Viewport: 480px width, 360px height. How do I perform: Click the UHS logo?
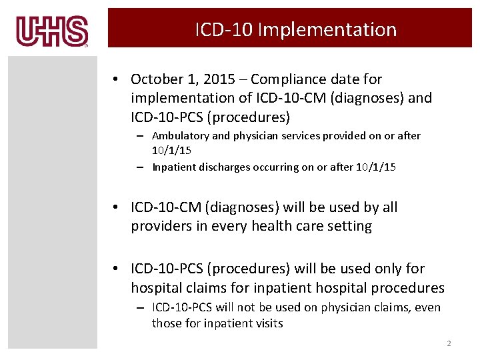point(53,31)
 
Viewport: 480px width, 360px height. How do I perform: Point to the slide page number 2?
point(449,343)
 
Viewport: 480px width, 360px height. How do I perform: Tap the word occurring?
point(275,167)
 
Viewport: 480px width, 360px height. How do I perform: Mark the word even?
point(427,307)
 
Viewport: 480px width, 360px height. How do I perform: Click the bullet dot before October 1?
point(116,79)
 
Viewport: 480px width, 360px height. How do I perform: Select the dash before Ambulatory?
point(143,136)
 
